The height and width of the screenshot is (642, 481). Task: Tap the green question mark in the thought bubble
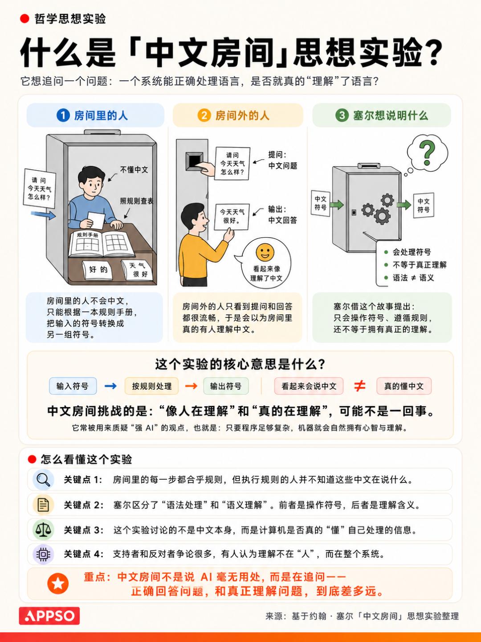point(427,152)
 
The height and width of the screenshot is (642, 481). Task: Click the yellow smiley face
point(265,252)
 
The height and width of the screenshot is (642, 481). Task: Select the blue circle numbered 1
point(63,115)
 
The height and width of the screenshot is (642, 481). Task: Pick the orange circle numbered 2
point(204,115)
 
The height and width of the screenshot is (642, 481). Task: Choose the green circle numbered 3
point(342,115)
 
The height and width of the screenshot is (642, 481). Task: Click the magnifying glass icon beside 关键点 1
point(43,480)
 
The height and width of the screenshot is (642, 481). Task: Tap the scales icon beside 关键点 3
point(43,530)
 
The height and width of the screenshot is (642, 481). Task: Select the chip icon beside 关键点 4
point(43,554)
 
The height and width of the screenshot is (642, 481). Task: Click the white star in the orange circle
point(58,584)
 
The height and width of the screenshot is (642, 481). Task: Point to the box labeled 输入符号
point(73,386)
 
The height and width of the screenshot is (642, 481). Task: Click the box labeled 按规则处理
point(152,386)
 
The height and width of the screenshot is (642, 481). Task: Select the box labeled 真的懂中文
point(404,386)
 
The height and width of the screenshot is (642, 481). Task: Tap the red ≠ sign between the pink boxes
point(360,386)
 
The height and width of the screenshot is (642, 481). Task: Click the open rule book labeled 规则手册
point(101,243)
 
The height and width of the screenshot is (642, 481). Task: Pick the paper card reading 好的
point(98,270)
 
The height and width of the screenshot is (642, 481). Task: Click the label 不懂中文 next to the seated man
point(134,170)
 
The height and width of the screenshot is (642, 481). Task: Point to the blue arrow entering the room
point(43,215)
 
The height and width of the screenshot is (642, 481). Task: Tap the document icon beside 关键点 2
point(43,505)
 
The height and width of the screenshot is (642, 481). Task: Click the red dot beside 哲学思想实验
point(24,19)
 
